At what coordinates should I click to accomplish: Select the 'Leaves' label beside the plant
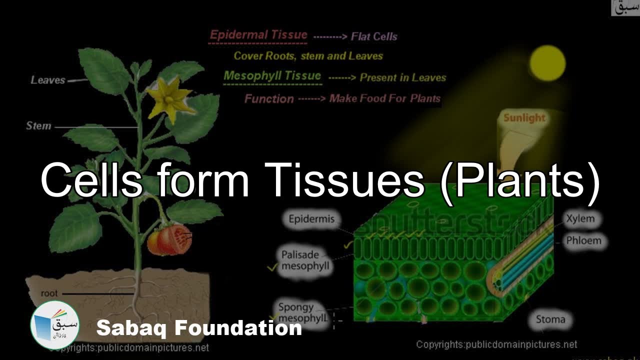pyautogui.click(x=48, y=80)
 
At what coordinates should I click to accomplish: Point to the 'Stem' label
pyautogui.click(x=38, y=126)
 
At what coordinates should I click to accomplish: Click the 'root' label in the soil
pyautogui.click(x=49, y=293)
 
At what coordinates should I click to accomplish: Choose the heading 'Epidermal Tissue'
pyautogui.click(x=258, y=35)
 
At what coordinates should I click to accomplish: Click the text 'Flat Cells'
pyautogui.click(x=374, y=36)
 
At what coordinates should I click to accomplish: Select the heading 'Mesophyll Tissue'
pyautogui.click(x=272, y=76)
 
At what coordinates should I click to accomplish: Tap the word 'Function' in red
pyautogui.click(x=269, y=98)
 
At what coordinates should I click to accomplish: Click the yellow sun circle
pyautogui.click(x=548, y=63)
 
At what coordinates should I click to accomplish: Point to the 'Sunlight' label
pyautogui.click(x=524, y=118)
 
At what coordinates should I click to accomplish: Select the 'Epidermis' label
pyautogui.click(x=311, y=218)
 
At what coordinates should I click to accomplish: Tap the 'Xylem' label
pyautogui.click(x=580, y=218)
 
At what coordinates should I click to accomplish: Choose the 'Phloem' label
pyautogui.click(x=583, y=240)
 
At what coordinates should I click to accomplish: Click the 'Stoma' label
pyautogui.click(x=550, y=319)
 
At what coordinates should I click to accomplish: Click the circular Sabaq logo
pyautogui.click(x=54, y=324)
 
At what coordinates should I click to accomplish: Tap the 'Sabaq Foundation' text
pyautogui.click(x=199, y=328)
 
